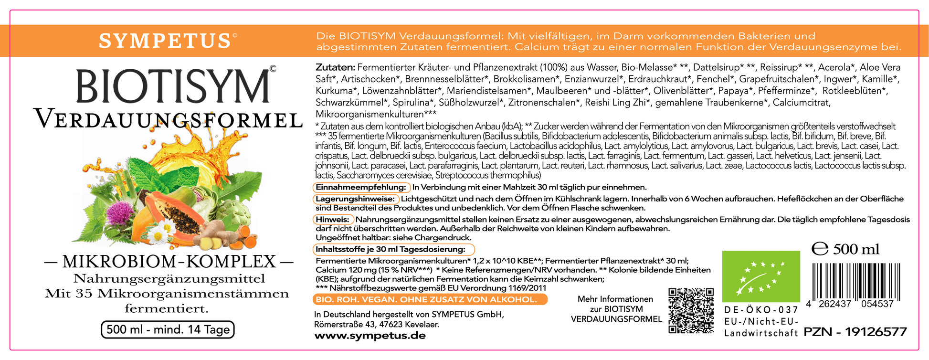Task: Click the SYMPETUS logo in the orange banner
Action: pyautogui.click(x=168, y=41)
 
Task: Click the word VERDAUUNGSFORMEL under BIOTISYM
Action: pyautogui.click(x=168, y=119)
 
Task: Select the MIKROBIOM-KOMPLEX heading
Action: pyautogui.click(x=168, y=261)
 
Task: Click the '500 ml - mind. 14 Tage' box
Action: pyautogui.click(x=168, y=329)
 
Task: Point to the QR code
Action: pyautogui.click(x=691, y=310)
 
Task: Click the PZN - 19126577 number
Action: pyautogui.click(x=855, y=332)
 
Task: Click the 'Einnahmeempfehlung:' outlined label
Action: pyautogui.click(x=361, y=187)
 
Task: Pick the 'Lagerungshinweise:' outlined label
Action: pyautogui.click(x=356, y=199)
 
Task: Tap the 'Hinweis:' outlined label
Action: pyautogui.click(x=333, y=220)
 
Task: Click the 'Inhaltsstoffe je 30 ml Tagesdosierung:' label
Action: pyautogui.click(x=394, y=249)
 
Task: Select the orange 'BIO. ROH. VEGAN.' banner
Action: pyautogui.click(x=430, y=299)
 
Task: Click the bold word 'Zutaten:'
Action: pyautogui.click(x=335, y=67)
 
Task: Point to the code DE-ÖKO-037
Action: pyautogui.click(x=761, y=310)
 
